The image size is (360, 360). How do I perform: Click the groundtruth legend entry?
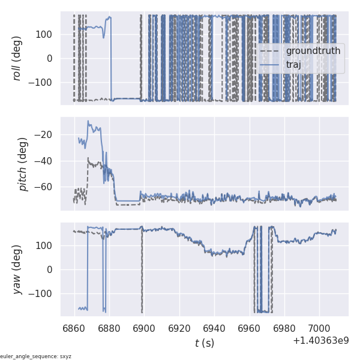(313, 51)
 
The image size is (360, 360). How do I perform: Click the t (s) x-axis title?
(204, 343)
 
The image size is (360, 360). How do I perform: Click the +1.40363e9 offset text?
(321, 341)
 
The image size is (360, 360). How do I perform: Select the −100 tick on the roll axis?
(43, 83)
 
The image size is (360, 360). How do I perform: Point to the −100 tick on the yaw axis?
(43, 294)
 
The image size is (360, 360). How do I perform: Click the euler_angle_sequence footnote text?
(36, 356)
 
